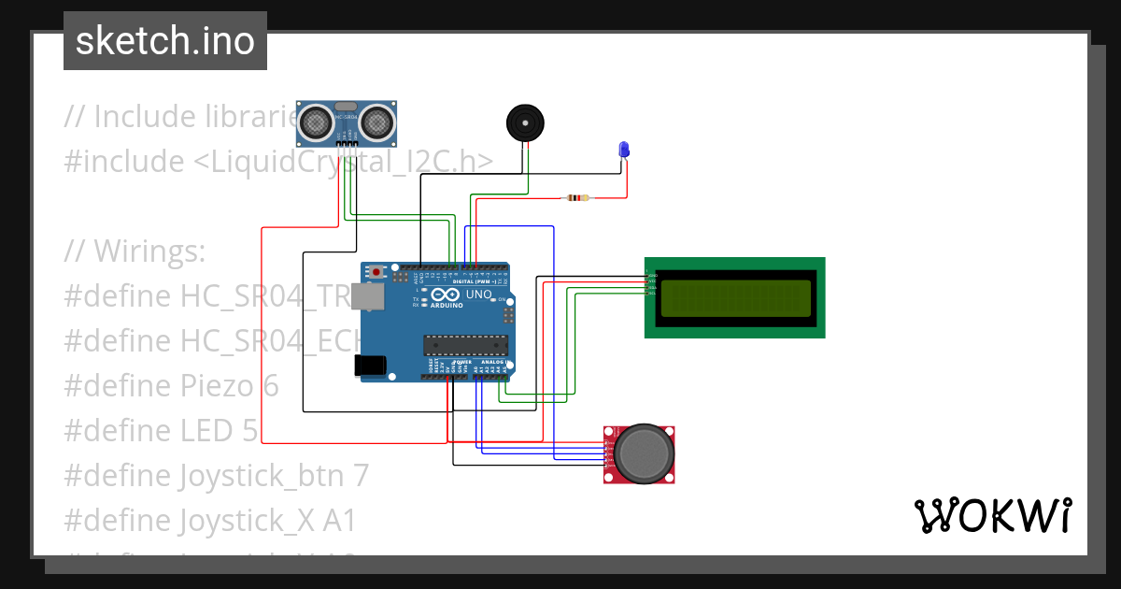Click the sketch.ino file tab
(165, 41)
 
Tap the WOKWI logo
(992, 515)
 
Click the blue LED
(624, 150)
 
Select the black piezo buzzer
(524, 122)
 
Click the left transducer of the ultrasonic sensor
(318, 122)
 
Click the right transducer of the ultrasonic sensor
(376, 122)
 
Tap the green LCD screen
(735, 298)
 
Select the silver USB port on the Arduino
(371, 296)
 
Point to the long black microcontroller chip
(465, 344)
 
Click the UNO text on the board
(478, 294)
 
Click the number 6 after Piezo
(269, 386)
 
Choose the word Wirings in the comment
(149, 251)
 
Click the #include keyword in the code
(124, 162)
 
